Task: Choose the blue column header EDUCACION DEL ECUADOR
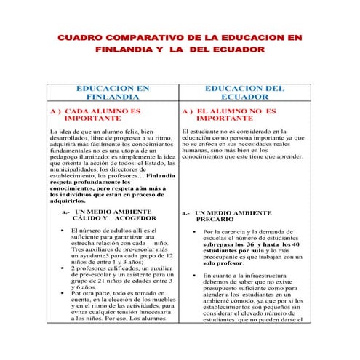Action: click(x=244, y=92)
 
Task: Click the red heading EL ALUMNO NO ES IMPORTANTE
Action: click(x=230, y=114)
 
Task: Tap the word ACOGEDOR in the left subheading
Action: click(x=133, y=218)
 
